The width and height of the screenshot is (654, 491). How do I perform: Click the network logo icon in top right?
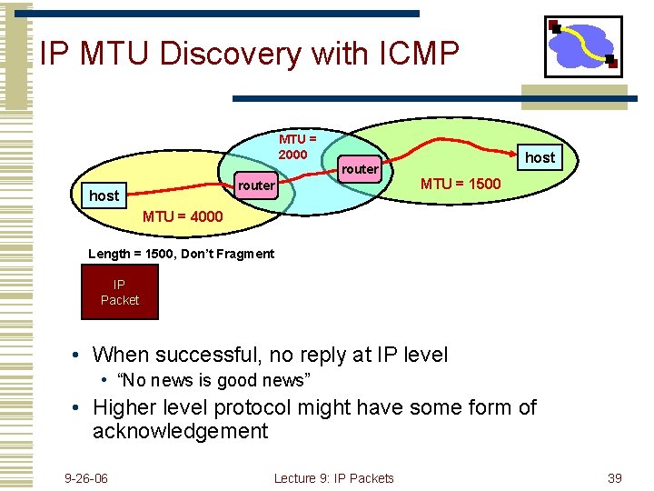coord(582,46)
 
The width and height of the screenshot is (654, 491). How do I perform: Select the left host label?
coord(104,195)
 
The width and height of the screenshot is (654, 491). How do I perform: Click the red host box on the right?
coord(540,157)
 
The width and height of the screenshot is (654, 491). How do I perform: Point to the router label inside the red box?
coord(255,185)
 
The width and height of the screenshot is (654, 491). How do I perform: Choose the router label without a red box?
coord(360,169)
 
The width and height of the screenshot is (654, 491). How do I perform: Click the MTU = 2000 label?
coord(297,146)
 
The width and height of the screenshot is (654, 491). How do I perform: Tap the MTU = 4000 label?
coord(183,217)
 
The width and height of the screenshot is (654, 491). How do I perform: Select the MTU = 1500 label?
coord(460,185)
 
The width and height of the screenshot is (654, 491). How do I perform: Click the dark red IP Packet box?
coord(120,292)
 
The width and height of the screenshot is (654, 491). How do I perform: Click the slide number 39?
coord(614,478)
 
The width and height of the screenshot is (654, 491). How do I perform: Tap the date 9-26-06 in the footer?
coord(86,478)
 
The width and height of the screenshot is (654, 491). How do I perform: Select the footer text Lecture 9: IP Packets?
coord(333,478)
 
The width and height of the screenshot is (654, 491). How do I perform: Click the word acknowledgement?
coord(180,431)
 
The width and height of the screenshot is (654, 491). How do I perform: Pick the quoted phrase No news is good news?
coord(214,379)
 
